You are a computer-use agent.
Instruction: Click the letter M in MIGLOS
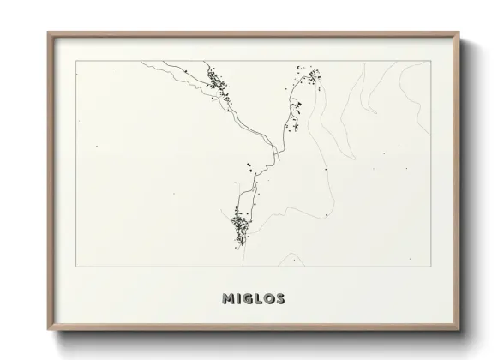[227, 299]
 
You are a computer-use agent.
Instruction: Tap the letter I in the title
[239, 299]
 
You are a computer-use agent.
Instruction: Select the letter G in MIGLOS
[249, 299]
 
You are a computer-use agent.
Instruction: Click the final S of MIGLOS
[282, 299]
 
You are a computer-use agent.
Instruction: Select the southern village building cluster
[239, 227]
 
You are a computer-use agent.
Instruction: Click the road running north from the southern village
[249, 189]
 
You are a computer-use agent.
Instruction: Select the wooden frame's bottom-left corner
[49, 330]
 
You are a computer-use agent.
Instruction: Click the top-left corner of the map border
[76, 62]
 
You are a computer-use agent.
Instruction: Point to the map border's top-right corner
[429, 62]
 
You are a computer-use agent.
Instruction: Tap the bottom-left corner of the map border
[76, 267]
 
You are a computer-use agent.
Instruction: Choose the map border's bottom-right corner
[429, 267]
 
